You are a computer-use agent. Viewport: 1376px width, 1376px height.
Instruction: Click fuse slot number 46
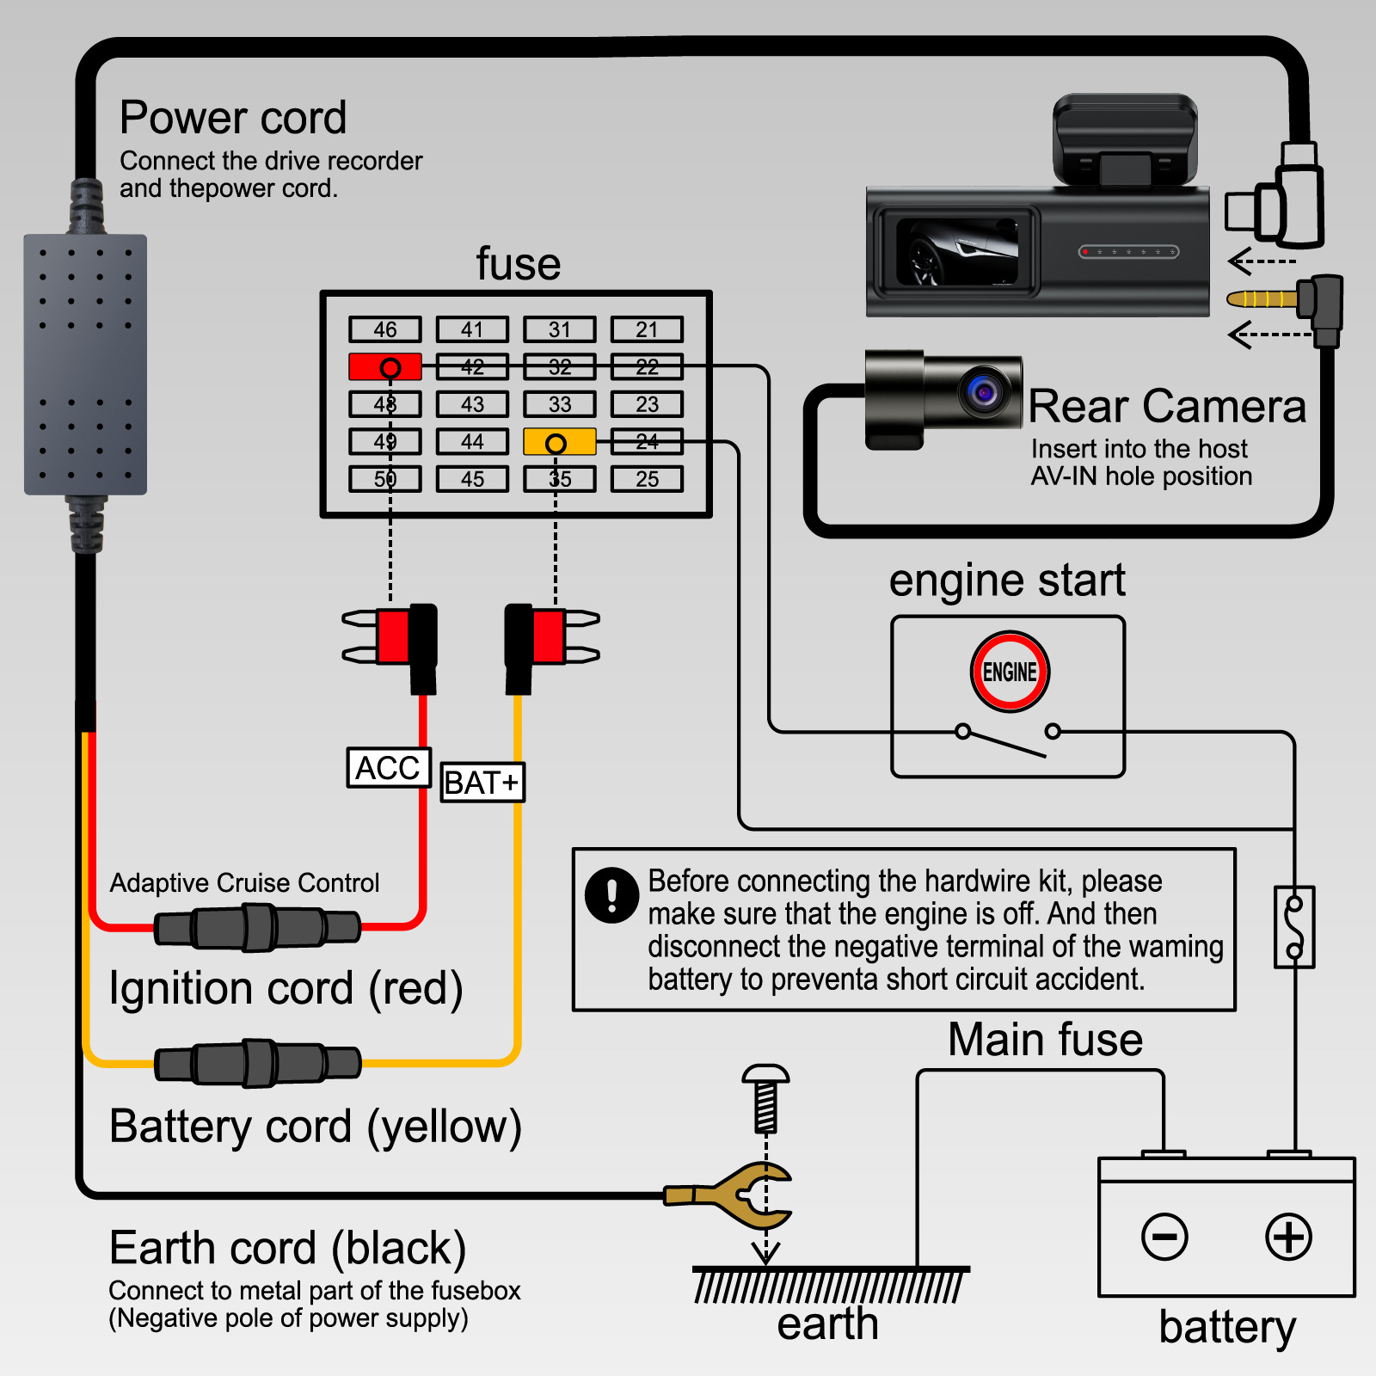(x=385, y=329)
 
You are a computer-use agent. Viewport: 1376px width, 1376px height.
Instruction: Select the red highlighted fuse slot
(x=385, y=367)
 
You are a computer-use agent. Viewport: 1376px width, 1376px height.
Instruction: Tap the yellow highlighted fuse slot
(x=559, y=442)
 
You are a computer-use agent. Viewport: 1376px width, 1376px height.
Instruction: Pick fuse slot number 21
(x=647, y=329)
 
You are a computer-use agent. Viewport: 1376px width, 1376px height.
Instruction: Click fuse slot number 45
(x=472, y=479)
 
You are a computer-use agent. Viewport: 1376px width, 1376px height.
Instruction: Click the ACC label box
(x=389, y=767)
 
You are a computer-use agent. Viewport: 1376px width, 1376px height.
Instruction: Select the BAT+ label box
(x=482, y=783)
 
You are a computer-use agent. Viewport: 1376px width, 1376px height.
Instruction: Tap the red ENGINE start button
(x=1010, y=672)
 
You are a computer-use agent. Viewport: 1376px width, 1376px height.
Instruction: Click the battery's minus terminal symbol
(x=1164, y=1237)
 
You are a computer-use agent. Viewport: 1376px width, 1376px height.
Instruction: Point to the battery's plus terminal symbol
(x=1288, y=1237)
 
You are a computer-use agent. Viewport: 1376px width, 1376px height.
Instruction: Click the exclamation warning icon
(x=611, y=894)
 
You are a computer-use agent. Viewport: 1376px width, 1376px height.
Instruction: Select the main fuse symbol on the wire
(x=1294, y=927)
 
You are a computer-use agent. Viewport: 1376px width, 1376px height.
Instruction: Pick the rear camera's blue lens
(x=984, y=392)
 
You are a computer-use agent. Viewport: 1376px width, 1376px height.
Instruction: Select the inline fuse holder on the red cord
(x=257, y=928)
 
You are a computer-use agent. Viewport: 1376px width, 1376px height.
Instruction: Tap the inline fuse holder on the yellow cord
(x=257, y=1064)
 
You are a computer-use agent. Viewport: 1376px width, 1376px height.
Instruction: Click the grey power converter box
(x=85, y=365)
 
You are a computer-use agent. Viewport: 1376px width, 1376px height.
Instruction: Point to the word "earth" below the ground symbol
(x=827, y=1324)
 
